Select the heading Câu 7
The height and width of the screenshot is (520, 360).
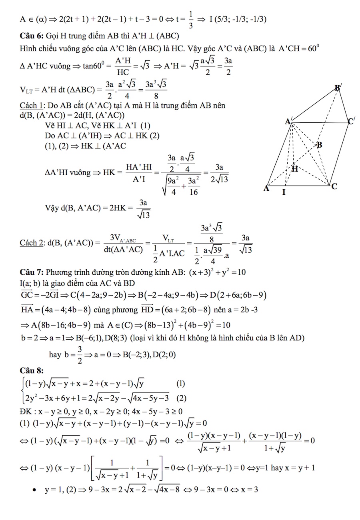click(31, 272)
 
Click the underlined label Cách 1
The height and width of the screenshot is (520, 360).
click(32, 106)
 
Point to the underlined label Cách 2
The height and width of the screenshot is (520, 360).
click(32, 242)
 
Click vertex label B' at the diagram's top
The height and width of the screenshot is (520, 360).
click(338, 88)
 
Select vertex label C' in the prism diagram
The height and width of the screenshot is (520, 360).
click(351, 121)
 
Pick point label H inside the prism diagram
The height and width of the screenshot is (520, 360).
click(295, 169)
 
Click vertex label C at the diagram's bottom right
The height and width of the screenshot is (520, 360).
click(335, 186)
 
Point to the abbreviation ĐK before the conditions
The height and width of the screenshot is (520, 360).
click(25, 411)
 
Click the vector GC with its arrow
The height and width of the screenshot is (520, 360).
click(26, 296)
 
